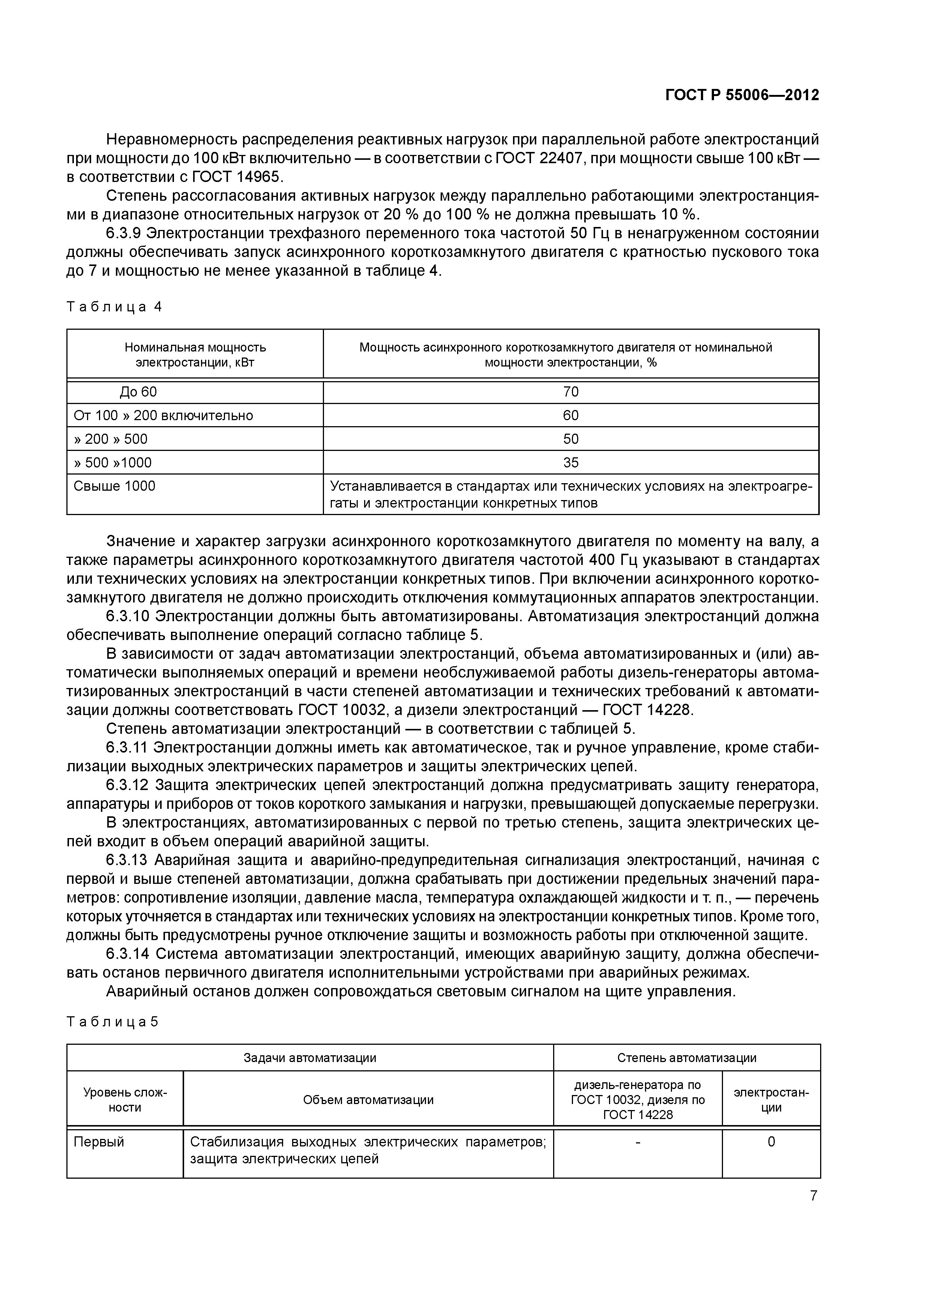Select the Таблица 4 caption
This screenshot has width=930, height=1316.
(x=115, y=306)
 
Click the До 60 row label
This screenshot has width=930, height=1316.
(x=138, y=392)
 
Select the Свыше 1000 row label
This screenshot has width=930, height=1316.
(x=115, y=486)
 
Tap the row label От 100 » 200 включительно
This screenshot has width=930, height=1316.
(x=163, y=416)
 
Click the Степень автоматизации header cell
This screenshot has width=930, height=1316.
(x=687, y=1058)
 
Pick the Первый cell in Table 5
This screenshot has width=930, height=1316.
(x=99, y=1142)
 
